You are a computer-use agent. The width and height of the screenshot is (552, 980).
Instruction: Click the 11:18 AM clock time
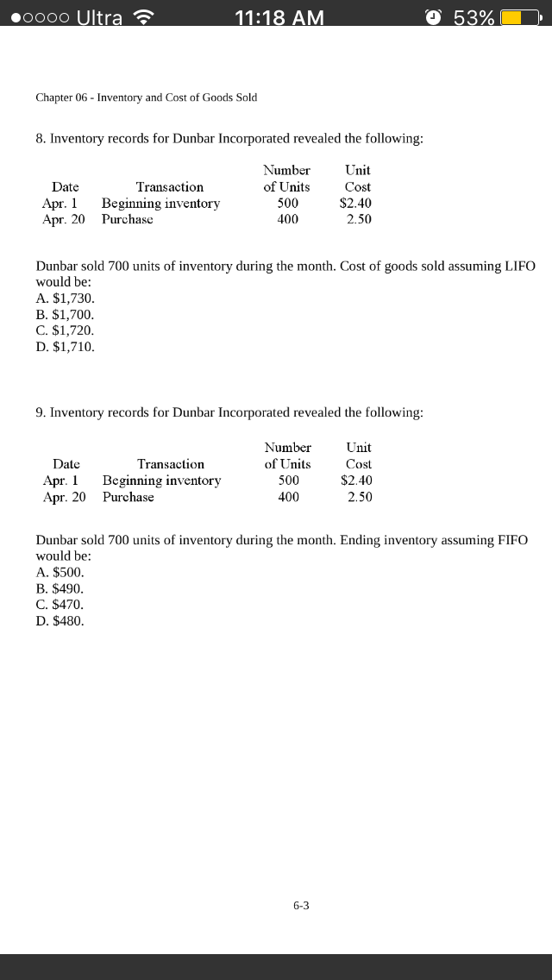tap(279, 17)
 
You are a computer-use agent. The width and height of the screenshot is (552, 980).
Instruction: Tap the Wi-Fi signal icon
tap(142, 17)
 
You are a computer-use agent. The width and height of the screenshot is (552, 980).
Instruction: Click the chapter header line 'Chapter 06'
tap(146, 97)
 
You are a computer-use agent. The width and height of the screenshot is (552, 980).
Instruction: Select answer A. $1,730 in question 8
tap(65, 298)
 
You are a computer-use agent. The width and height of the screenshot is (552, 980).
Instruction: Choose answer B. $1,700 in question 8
tap(65, 314)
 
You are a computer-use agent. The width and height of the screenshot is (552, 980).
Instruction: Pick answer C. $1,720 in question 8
tap(65, 330)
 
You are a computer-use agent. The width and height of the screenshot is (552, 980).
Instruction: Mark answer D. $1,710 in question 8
tap(65, 347)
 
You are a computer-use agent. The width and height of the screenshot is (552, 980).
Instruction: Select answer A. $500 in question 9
tap(60, 572)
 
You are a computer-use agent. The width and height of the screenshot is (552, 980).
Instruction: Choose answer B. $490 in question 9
tap(60, 588)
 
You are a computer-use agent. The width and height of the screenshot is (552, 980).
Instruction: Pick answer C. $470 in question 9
tap(60, 605)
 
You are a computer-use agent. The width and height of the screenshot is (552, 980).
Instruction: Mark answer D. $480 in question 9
tap(60, 621)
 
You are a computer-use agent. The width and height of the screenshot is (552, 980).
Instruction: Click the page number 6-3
tap(301, 905)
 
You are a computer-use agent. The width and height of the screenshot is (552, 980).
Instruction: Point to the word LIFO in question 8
tap(517, 267)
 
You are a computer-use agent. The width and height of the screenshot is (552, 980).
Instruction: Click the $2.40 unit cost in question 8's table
tap(355, 204)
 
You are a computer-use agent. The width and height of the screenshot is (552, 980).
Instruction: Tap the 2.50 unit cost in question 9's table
tap(360, 497)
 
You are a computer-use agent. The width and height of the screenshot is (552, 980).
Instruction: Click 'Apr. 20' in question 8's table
tap(64, 219)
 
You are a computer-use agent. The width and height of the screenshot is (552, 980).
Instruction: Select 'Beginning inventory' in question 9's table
tap(161, 481)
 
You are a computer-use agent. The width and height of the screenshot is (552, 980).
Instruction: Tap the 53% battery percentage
tap(474, 17)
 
